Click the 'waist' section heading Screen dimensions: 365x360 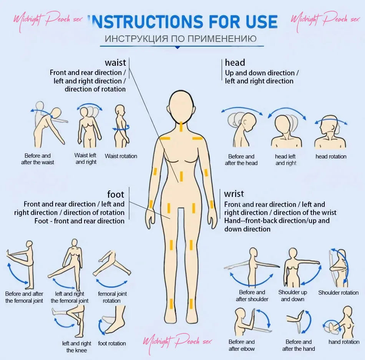[116, 63]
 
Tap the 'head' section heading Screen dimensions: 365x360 [235, 62]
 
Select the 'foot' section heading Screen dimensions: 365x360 [116, 194]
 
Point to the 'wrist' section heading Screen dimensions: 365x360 [234, 193]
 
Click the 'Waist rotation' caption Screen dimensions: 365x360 [121, 156]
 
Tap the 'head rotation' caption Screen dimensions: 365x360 [331, 157]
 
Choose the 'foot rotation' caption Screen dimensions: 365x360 [112, 343]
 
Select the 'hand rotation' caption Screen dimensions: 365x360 [344, 342]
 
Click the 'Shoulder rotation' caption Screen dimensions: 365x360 [338, 293]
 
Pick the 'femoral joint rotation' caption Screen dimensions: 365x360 [112, 297]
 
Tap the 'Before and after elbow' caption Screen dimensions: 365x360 [242, 345]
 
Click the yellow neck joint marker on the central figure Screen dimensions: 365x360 [181, 126]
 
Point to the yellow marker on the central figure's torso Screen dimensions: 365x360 [181, 176]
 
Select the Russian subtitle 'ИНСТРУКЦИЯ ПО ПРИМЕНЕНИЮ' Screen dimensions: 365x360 [181, 38]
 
